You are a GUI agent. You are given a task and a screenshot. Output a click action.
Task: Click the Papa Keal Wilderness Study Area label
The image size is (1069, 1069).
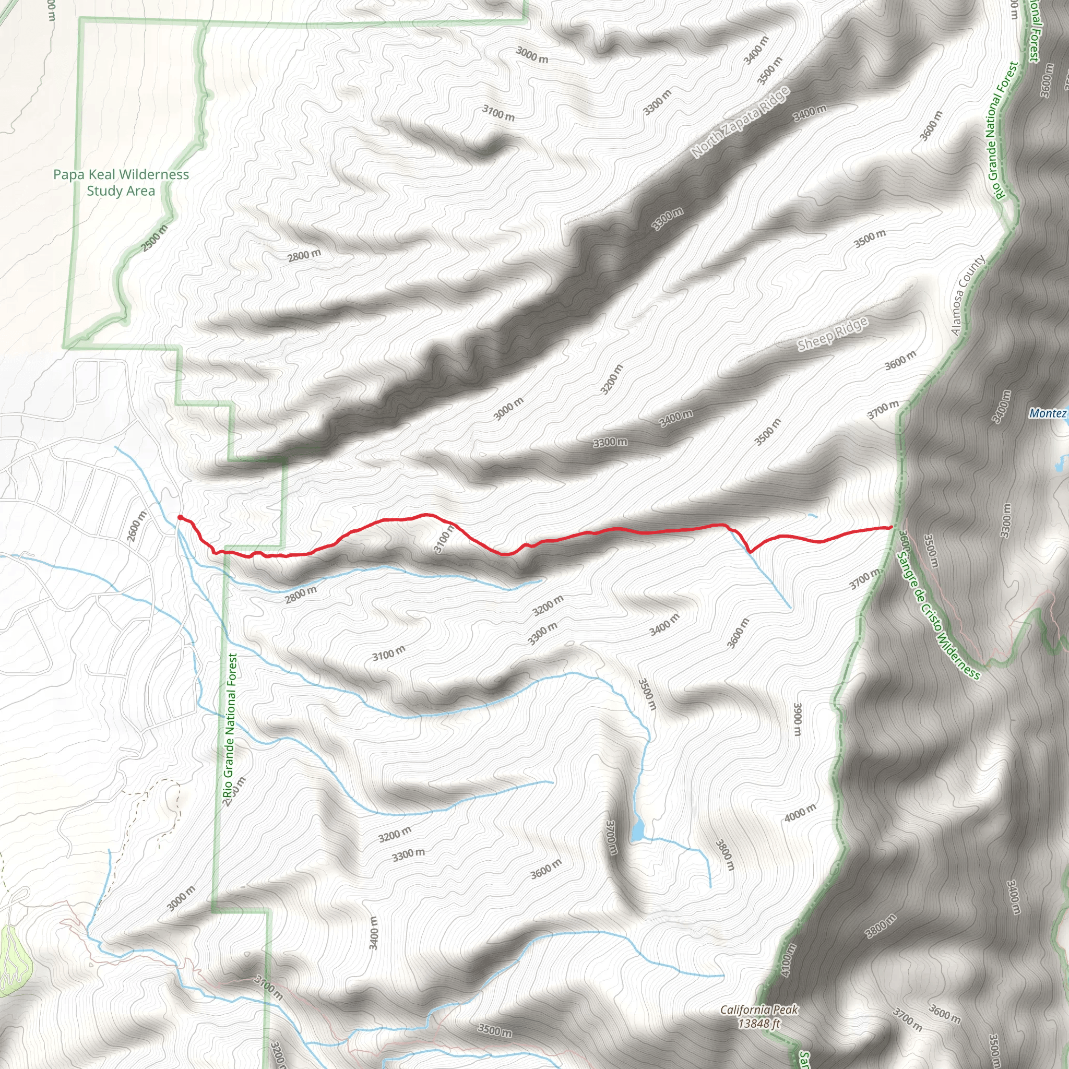(121, 183)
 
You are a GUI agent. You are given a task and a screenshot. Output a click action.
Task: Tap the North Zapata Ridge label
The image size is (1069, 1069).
(740, 122)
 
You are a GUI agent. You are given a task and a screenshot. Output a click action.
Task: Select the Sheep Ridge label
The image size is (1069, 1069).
(832, 334)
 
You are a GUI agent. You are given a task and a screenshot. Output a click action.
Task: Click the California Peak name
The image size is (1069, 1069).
(758, 1009)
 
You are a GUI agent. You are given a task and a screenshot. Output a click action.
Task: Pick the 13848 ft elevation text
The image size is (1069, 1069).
(758, 1024)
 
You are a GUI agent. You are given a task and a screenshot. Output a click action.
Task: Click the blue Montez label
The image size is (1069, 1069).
(1048, 413)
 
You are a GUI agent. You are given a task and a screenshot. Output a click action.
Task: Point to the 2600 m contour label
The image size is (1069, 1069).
(137, 527)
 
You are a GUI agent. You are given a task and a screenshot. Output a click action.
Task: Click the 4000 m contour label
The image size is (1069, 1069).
(800, 813)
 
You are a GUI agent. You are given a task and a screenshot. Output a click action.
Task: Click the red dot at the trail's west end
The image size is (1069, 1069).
(180, 517)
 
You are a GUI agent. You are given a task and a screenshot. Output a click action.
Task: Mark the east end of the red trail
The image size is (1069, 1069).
(890, 527)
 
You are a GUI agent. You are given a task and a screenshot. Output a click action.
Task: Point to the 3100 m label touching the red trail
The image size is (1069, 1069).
(444, 539)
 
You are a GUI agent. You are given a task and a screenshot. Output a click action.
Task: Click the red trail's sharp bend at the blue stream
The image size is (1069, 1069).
(750, 551)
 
